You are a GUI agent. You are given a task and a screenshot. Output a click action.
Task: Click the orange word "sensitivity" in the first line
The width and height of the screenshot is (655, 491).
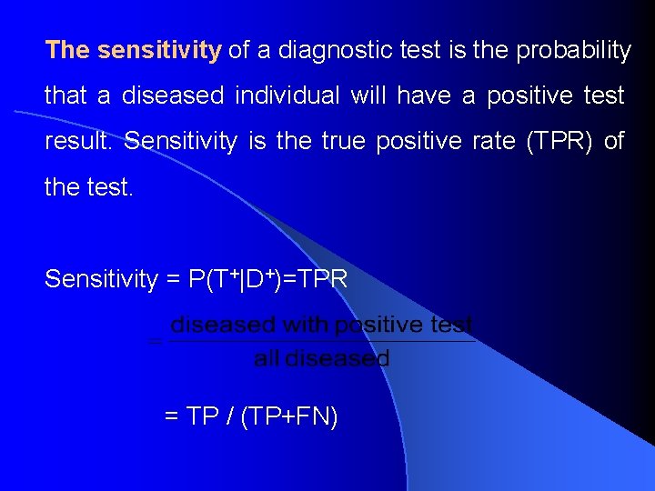159,50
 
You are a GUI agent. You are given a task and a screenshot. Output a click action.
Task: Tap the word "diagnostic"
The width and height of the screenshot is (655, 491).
333,50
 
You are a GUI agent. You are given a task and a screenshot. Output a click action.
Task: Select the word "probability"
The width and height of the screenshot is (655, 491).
573,50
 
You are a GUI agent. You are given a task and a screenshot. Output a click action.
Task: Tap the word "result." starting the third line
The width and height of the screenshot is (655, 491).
79,142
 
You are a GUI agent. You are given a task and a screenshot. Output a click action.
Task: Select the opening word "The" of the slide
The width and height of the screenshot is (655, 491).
66,50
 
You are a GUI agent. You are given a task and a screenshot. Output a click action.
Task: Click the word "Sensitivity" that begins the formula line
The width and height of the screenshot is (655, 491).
100,279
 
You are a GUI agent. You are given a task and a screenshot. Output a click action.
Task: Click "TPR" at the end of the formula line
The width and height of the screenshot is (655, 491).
322,279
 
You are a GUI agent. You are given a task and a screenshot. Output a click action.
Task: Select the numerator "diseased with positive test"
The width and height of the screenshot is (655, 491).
322,325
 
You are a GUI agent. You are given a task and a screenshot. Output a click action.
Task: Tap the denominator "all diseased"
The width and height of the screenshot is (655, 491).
322,358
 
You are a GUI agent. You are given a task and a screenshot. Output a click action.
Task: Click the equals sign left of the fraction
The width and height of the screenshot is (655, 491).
155,343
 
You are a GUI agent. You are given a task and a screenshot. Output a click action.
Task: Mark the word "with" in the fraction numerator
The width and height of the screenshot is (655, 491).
305,325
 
